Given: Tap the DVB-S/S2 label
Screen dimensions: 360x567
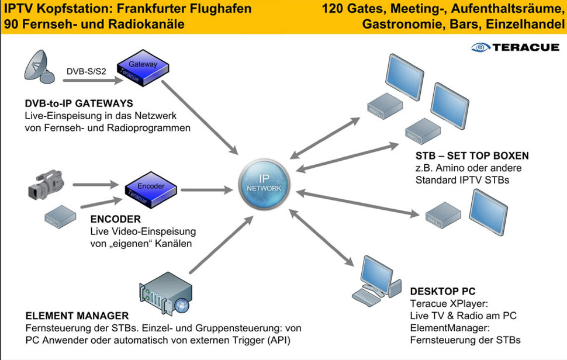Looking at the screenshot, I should (x=85, y=72).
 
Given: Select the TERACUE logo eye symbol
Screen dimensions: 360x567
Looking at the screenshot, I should (x=480, y=47).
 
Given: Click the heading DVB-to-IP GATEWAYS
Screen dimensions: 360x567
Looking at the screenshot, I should (x=79, y=103).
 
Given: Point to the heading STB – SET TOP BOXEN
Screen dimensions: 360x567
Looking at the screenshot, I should (x=472, y=156).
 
